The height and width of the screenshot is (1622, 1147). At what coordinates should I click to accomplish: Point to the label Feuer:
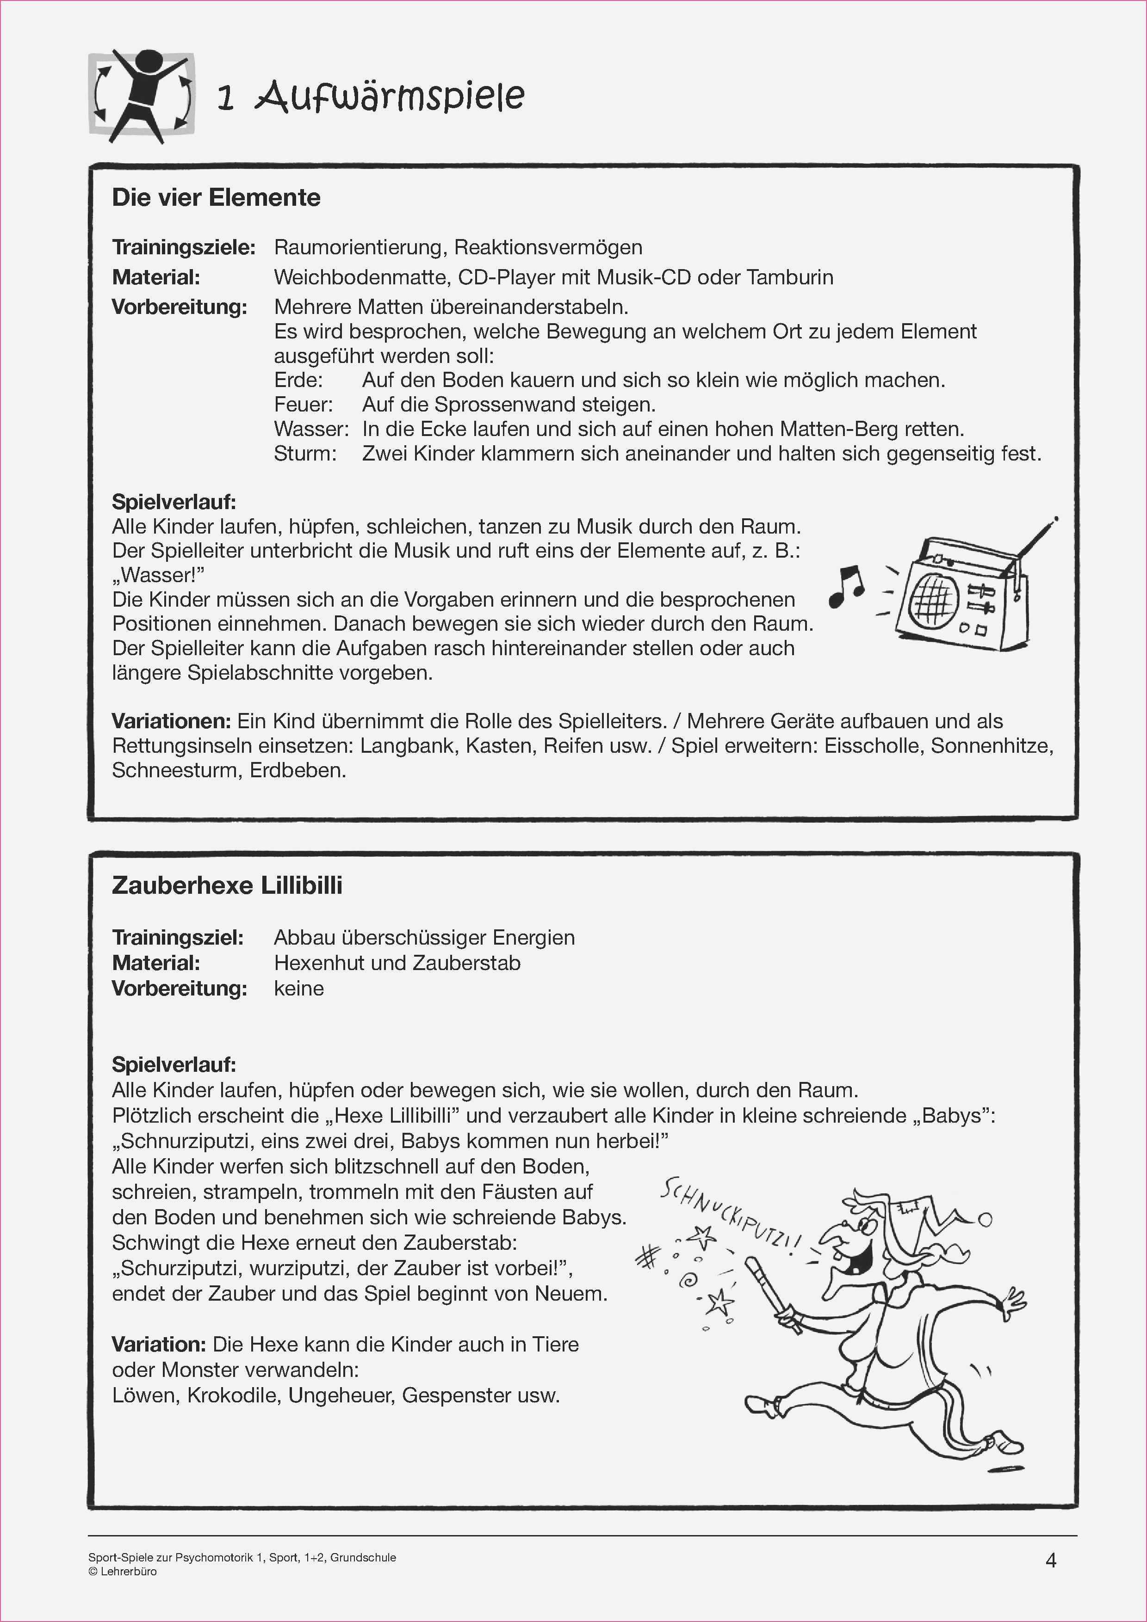pos(303,405)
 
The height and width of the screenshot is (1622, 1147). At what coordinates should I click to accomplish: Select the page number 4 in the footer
pos(1050,1561)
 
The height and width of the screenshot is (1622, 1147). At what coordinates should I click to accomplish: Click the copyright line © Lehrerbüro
pos(123,1572)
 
